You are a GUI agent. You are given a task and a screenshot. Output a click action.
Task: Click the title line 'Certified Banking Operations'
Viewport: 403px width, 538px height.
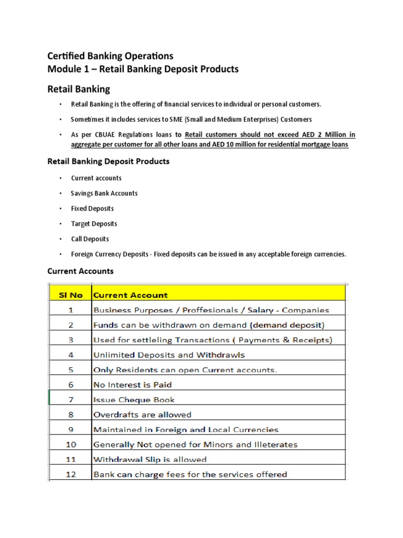click(110, 56)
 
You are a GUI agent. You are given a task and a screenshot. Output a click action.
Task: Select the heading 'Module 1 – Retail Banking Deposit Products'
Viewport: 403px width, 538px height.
click(143, 69)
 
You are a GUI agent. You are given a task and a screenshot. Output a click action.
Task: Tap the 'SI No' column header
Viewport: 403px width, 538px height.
click(70, 295)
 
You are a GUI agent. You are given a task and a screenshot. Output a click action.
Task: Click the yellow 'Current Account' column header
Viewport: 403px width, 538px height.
click(131, 295)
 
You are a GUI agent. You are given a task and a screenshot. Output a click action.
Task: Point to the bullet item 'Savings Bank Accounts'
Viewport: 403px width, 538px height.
click(104, 193)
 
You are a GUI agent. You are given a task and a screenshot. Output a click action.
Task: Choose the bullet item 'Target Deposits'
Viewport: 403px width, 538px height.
click(94, 224)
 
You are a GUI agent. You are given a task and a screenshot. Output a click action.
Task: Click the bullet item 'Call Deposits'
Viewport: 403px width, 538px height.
click(90, 239)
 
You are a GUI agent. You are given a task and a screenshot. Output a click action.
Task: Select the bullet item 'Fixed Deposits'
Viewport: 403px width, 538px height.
click(92, 209)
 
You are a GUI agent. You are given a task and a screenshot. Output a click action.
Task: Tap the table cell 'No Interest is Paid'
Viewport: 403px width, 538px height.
click(132, 385)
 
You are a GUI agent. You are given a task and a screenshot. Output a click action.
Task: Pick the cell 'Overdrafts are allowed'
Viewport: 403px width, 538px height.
click(142, 415)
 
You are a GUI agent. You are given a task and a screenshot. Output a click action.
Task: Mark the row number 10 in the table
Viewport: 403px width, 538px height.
click(70, 444)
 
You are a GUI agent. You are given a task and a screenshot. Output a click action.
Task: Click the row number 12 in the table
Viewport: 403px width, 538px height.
click(70, 474)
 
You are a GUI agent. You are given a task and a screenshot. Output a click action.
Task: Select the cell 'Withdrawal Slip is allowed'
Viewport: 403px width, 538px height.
click(150, 460)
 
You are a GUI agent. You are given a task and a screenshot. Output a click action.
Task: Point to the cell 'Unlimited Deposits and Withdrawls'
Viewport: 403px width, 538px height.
click(168, 355)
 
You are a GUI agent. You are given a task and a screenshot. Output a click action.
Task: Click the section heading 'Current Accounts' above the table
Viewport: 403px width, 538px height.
click(80, 272)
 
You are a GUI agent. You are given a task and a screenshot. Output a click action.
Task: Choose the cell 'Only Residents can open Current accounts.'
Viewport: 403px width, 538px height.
click(185, 370)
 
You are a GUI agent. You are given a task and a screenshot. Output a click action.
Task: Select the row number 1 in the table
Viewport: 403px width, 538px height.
click(70, 310)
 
